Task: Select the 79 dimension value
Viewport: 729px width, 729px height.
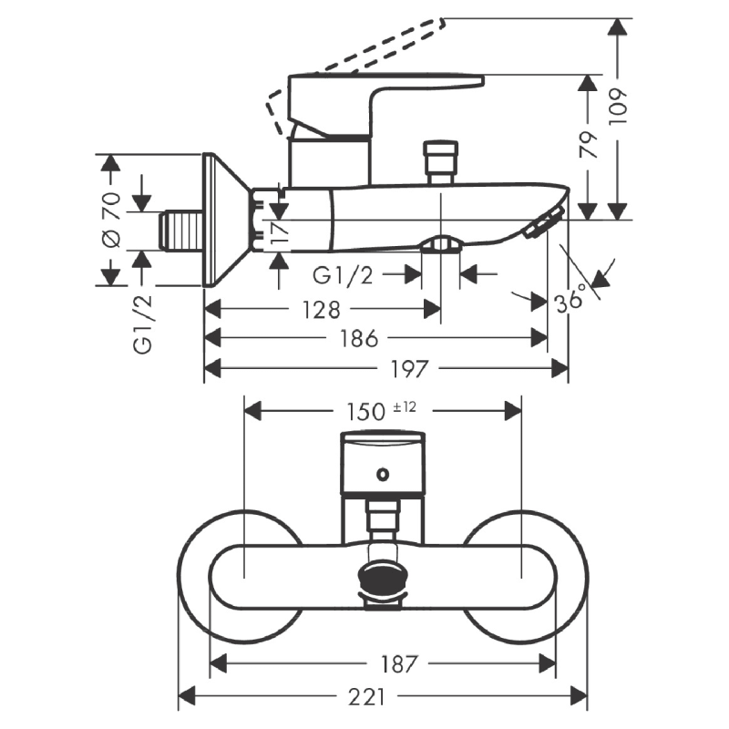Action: [591, 146]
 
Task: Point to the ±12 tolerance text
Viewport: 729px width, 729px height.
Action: [405, 406]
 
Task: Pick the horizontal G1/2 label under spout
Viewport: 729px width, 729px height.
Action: [344, 273]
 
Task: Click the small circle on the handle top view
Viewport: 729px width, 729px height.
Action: [384, 474]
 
